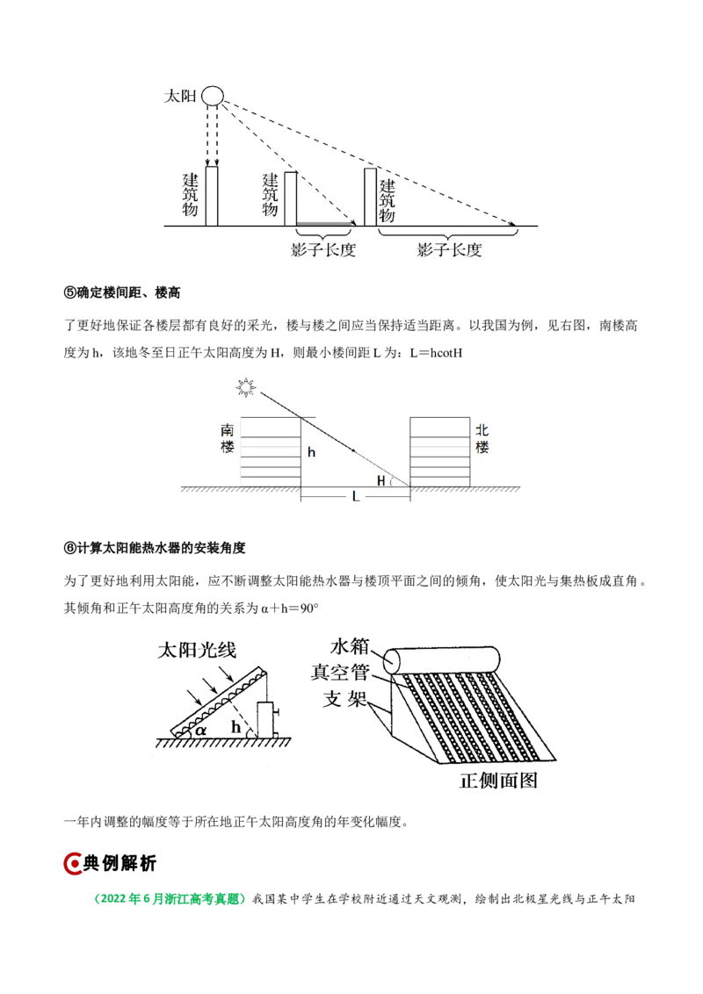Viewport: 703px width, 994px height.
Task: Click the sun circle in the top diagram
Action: (x=213, y=95)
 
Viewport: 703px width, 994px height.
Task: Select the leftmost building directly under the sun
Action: (x=212, y=196)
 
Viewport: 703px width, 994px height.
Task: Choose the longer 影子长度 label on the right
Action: (x=450, y=250)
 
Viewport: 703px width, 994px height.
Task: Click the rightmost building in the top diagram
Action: (x=370, y=196)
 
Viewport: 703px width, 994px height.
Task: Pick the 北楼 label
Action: (x=482, y=439)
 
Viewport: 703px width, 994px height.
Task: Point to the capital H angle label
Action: (x=380, y=479)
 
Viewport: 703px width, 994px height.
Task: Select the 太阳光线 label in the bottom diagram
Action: (x=198, y=651)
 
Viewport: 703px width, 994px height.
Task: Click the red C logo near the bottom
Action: (x=74, y=864)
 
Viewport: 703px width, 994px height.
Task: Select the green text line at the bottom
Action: (x=169, y=899)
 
